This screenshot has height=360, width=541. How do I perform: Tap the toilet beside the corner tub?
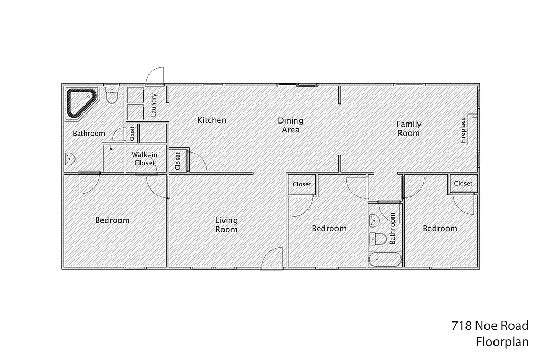pyautogui.click(x=111, y=96)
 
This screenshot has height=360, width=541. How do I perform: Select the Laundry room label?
pyautogui.click(x=154, y=105)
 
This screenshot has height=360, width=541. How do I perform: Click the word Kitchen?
pyautogui.click(x=211, y=120)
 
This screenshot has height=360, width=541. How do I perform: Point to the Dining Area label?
pyautogui.click(x=291, y=125)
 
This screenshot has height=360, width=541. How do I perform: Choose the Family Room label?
pyautogui.click(x=409, y=128)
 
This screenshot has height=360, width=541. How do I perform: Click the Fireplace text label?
pyautogui.click(x=463, y=130)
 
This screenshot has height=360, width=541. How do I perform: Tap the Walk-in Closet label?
pyautogui.click(x=144, y=159)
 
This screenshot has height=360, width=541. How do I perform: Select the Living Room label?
pyautogui.click(x=226, y=224)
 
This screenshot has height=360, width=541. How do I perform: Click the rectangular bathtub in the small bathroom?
pyautogui.click(x=385, y=259)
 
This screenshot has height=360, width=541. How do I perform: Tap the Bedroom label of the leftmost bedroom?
pyautogui.click(x=112, y=220)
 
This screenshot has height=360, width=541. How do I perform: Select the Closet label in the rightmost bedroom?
pyautogui.click(x=463, y=184)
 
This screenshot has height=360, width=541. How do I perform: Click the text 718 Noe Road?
pyautogui.click(x=490, y=326)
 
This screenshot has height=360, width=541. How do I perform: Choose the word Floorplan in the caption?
pyautogui.click(x=502, y=342)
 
